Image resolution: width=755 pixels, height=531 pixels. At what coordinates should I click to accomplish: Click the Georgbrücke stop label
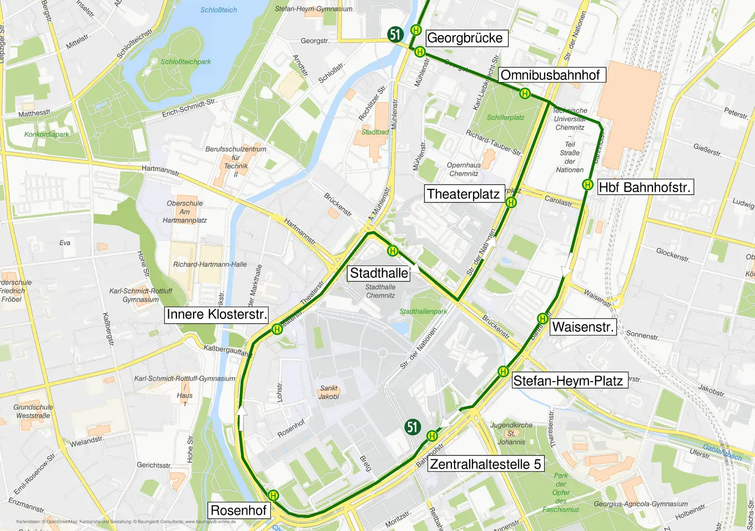point(465,38)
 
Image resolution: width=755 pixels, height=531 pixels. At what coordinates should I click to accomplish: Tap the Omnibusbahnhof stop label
point(550,75)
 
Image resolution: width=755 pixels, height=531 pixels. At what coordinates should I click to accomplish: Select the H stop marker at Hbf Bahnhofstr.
point(587,185)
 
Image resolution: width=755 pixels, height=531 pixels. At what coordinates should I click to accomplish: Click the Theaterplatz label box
point(463,194)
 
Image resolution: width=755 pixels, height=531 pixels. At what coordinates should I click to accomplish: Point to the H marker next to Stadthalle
point(393,251)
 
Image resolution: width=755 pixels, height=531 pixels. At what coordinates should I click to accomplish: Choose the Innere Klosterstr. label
point(217,315)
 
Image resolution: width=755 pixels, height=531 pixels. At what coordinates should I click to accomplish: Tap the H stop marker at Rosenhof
point(273,495)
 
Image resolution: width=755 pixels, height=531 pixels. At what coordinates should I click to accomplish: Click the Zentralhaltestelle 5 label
point(485,464)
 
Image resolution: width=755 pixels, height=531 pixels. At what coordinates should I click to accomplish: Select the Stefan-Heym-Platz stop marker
point(503,371)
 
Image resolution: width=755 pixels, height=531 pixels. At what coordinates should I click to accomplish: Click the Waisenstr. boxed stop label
point(582,327)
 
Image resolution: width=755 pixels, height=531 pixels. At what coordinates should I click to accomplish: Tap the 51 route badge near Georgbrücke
point(395,35)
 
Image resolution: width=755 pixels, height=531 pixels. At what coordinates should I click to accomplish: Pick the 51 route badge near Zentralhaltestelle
point(413,427)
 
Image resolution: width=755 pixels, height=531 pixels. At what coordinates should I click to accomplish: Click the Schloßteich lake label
point(218,10)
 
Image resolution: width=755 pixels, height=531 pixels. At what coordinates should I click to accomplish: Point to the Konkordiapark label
point(46,134)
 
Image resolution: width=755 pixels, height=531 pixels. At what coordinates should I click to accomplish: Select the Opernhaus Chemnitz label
point(464,169)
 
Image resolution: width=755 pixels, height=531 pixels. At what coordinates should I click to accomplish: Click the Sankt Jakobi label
point(328,392)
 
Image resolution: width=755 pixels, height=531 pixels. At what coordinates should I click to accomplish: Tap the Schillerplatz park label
point(505,118)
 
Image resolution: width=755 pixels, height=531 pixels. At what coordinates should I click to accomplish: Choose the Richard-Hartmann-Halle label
point(210,264)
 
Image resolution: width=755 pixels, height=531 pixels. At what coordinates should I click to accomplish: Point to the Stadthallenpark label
point(423,311)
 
